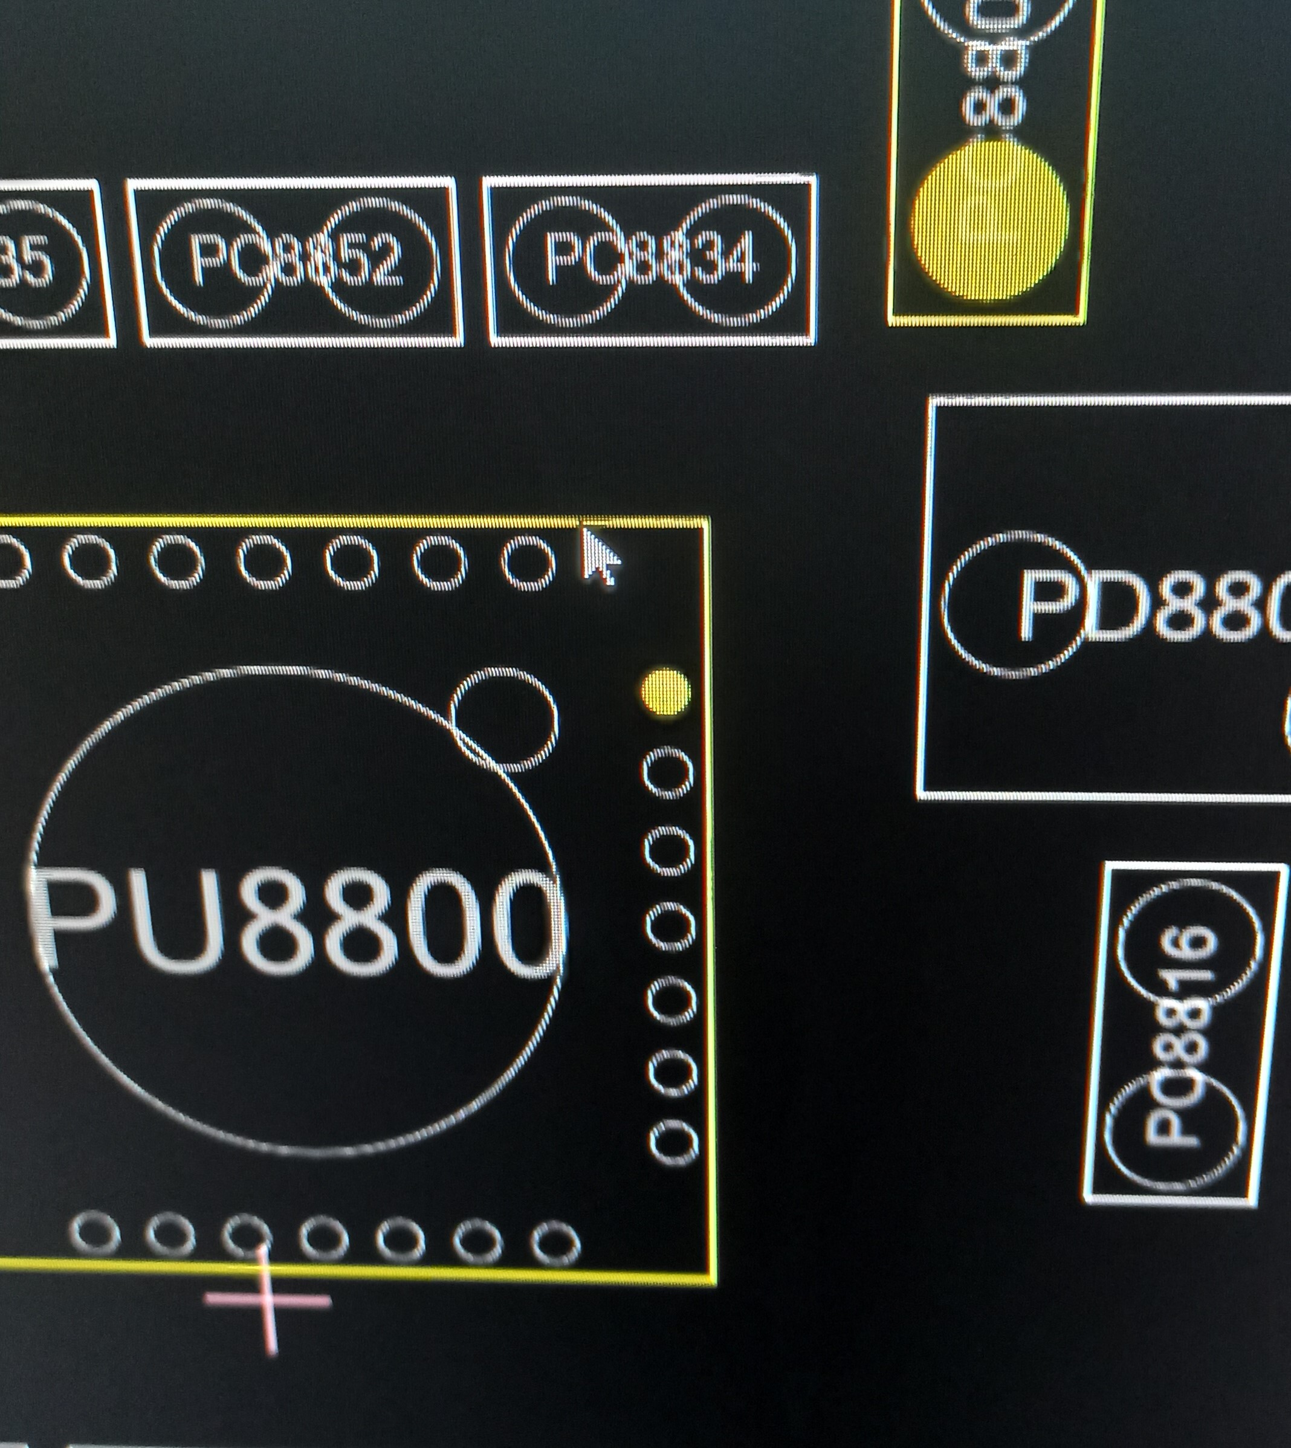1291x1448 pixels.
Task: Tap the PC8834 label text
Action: pos(650,259)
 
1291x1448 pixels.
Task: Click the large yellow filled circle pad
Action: pos(990,218)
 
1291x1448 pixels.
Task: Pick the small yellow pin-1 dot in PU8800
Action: pos(665,691)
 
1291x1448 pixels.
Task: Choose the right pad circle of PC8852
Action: pos(381,263)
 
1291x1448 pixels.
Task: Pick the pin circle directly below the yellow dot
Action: pos(667,772)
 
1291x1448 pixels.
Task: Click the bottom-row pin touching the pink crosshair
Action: pos(247,1233)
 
